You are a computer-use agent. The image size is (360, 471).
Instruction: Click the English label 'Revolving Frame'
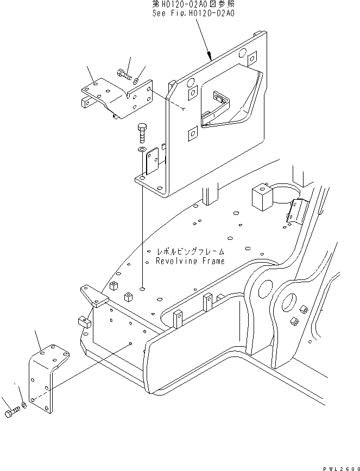pyautogui.click(x=190, y=261)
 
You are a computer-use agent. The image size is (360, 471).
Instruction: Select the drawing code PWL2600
pyautogui.click(x=341, y=466)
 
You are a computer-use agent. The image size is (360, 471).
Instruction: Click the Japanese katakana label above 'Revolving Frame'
pyautogui.click(x=190, y=252)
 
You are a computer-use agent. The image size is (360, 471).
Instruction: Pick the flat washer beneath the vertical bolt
pyautogui.click(x=141, y=149)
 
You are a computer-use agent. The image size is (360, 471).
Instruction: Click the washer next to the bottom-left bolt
pyautogui.click(x=23, y=406)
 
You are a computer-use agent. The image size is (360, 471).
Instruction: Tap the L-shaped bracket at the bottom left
pyautogui.click(x=47, y=374)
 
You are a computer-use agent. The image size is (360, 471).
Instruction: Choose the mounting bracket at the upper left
pyautogui.click(x=109, y=98)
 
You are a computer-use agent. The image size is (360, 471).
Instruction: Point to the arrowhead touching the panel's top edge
pyautogui.click(x=209, y=55)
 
